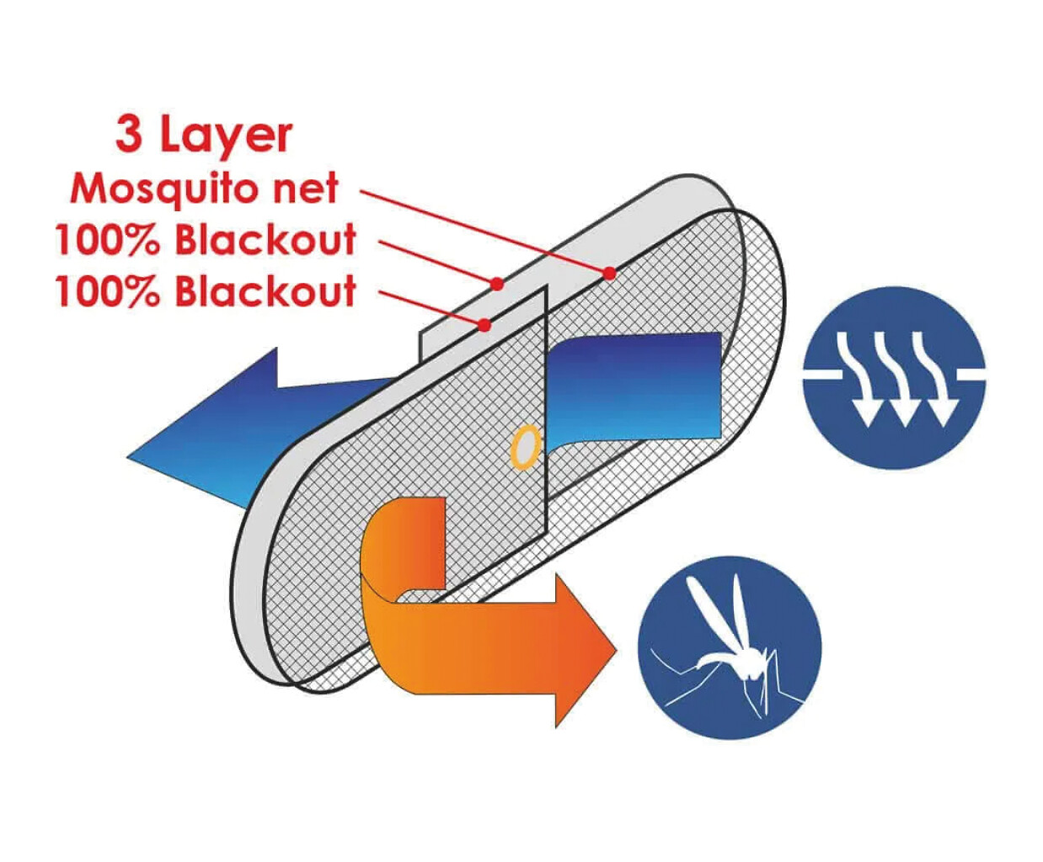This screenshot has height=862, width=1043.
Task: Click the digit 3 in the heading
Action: [x=128, y=134]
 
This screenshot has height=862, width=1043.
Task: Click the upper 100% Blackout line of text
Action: [x=206, y=240]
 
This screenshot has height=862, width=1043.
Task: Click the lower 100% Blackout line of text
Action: [x=206, y=290]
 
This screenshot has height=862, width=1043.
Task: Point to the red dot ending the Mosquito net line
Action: [x=609, y=273]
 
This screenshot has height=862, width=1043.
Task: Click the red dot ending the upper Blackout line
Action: [x=496, y=284]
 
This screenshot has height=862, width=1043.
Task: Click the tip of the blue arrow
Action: [x=128, y=457]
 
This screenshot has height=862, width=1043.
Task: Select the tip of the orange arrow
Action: [x=618, y=651]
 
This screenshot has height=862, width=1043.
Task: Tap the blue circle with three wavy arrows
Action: [x=894, y=378]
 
